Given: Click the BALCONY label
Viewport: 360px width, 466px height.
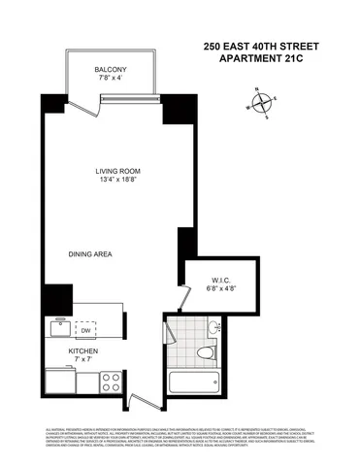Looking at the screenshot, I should (111, 69).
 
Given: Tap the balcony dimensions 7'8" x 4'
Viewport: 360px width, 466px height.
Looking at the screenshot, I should (111, 80).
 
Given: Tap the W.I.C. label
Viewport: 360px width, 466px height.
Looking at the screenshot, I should (221, 278).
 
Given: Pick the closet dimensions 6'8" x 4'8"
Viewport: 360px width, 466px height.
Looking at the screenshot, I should (221, 288).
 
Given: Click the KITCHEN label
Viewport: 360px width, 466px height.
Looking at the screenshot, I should (82, 350).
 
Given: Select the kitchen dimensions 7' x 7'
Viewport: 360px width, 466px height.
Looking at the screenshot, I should (82, 361).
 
